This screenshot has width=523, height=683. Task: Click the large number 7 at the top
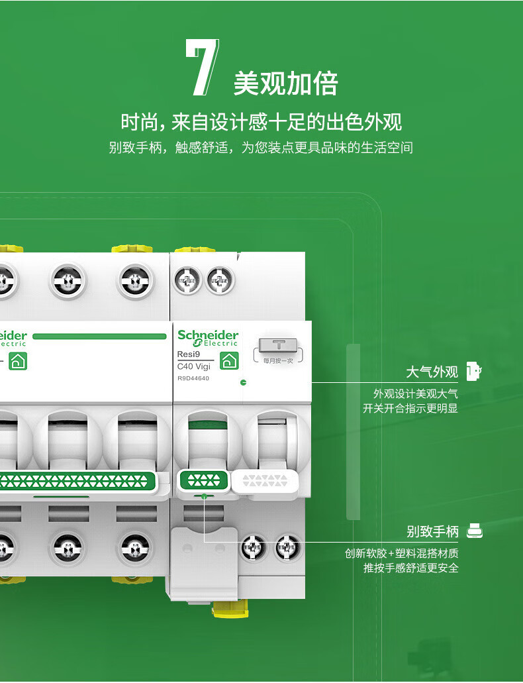[203, 67]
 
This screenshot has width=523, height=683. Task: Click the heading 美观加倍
[286, 83]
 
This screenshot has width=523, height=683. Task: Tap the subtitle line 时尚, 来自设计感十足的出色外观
[261, 121]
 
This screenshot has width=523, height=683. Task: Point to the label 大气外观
[432, 372]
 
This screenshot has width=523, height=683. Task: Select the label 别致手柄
[432, 531]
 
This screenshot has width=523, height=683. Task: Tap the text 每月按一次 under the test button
[278, 360]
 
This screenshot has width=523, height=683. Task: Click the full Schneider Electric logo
[208, 338]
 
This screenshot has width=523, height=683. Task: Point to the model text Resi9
[189, 354]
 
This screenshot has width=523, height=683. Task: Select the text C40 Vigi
[194, 366]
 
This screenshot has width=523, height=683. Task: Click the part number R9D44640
[193, 378]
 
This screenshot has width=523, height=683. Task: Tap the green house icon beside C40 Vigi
[229, 360]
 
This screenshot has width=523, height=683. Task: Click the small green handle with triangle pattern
[204, 481]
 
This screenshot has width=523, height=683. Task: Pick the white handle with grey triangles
[265, 481]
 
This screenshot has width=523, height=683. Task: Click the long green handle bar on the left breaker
[76, 482]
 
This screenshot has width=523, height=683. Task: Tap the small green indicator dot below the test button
[244, 382]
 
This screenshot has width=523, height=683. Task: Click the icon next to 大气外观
[474, 372]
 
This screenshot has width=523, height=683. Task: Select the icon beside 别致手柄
[475, 531]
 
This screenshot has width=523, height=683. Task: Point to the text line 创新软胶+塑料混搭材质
[401, 553]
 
